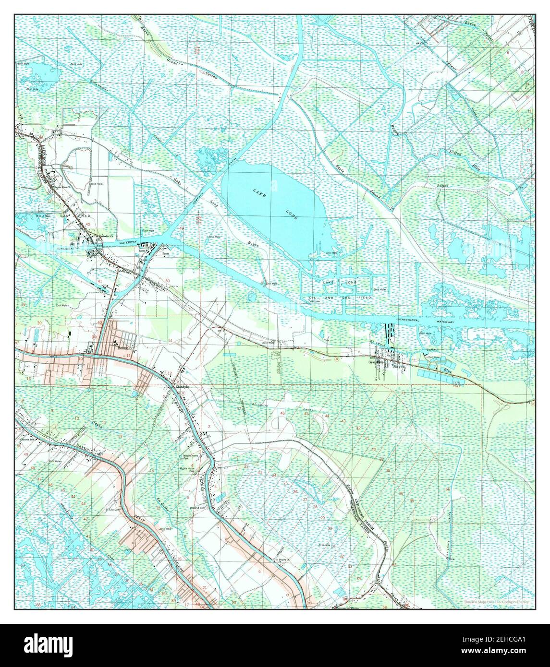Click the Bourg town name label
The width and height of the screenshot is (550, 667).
pos(123,349)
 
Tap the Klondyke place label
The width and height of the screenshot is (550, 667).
pos(183,387)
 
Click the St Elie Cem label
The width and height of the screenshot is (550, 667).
pos(112,510)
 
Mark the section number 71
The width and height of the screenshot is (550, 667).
pos(447,419)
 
